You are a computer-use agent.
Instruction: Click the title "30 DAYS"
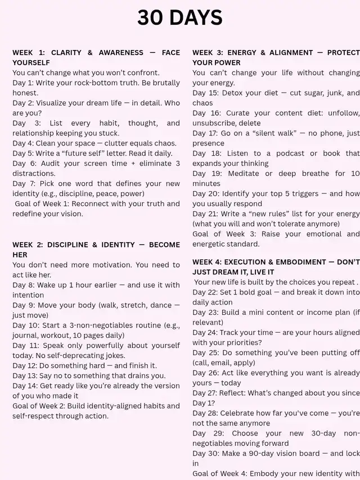click(179, 18)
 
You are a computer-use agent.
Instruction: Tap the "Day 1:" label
click(23, 83)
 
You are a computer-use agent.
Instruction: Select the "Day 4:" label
click(23, 143)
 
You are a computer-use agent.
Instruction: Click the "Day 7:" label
click(23, 184)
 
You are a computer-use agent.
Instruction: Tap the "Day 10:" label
click(26, 325)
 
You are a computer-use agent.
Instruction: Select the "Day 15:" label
click(206, 93)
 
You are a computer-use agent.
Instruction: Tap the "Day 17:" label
click(205, 133)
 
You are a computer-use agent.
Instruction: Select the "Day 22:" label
click(206, 292)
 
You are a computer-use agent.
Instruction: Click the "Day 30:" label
click(206, 454)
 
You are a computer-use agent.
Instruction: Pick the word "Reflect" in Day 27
click(233, 393)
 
